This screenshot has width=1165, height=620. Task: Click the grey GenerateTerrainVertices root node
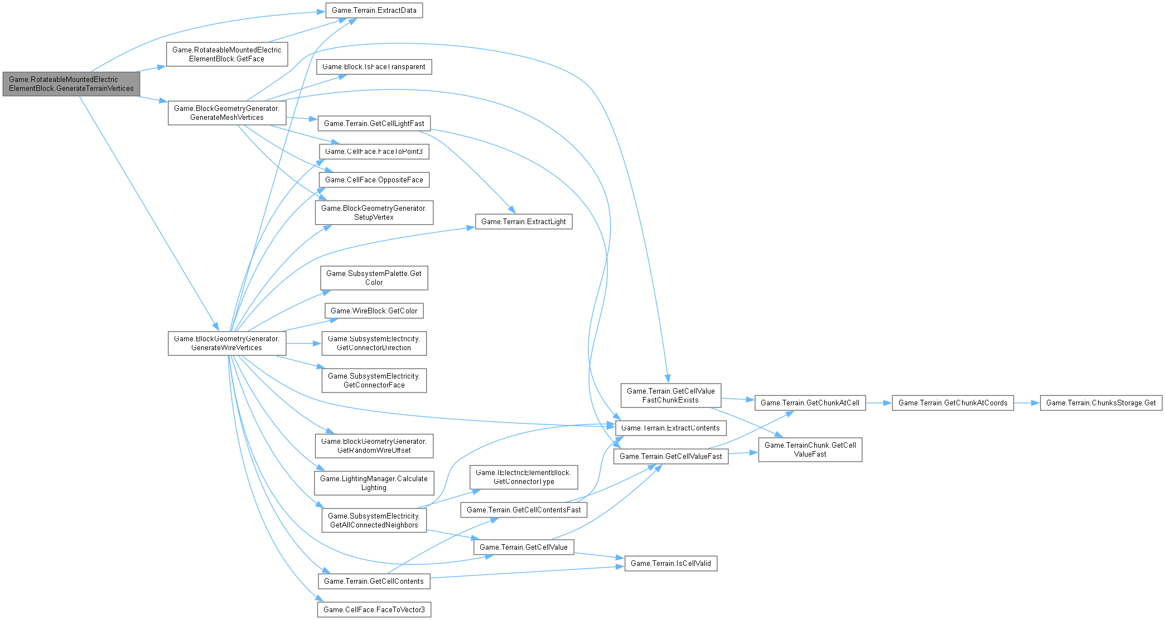coord(71,84)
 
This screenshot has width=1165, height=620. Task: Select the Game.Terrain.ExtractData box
coord(374,11)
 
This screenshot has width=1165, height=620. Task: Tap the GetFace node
coord(227,54)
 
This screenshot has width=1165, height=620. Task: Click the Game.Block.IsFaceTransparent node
coord(374,67)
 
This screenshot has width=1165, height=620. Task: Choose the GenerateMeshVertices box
coord(227,113)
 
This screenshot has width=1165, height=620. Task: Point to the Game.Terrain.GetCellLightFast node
coord(374,124)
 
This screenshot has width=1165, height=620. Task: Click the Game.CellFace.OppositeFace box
coord(374,180)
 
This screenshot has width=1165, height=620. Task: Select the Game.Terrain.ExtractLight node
coord(523,222)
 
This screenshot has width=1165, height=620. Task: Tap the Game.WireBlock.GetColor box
coord(374,311)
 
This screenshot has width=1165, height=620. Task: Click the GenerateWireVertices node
coord(227,343)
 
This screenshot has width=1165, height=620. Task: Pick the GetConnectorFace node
coord(374,380)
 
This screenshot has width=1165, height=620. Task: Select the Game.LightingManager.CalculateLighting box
coord(374,483)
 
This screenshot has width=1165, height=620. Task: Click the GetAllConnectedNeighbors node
coord(374,520)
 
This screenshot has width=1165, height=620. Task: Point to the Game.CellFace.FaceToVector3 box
coord(374,610)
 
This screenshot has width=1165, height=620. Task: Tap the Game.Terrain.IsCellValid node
coord(670,564)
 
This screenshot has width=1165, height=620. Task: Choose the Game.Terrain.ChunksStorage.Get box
coord(1101,403)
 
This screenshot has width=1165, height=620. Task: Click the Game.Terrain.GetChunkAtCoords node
coord(953,403)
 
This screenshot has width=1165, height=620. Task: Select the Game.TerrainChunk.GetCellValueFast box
coord(810,449)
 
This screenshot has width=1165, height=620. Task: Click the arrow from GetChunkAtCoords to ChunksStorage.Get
coord(1027,403)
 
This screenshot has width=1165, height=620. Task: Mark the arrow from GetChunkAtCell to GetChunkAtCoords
coord(878,403)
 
